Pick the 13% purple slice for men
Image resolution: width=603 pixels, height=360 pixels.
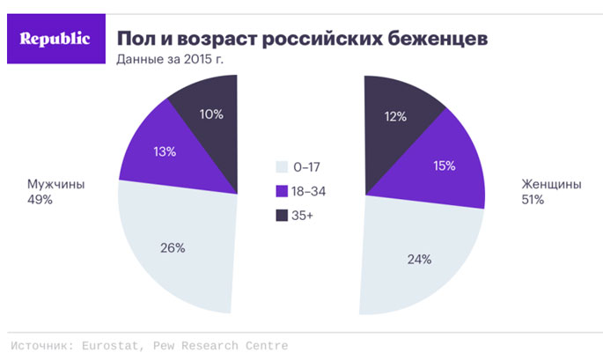point(163,151)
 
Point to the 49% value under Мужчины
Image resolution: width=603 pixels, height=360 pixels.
point(40,201)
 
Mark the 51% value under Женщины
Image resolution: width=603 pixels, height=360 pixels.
point(532,201)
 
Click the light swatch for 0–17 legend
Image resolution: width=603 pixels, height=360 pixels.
point(281,165)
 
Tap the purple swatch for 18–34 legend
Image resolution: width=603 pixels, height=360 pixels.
point(281,190)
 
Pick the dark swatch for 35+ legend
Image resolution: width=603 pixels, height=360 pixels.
point(281,215)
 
